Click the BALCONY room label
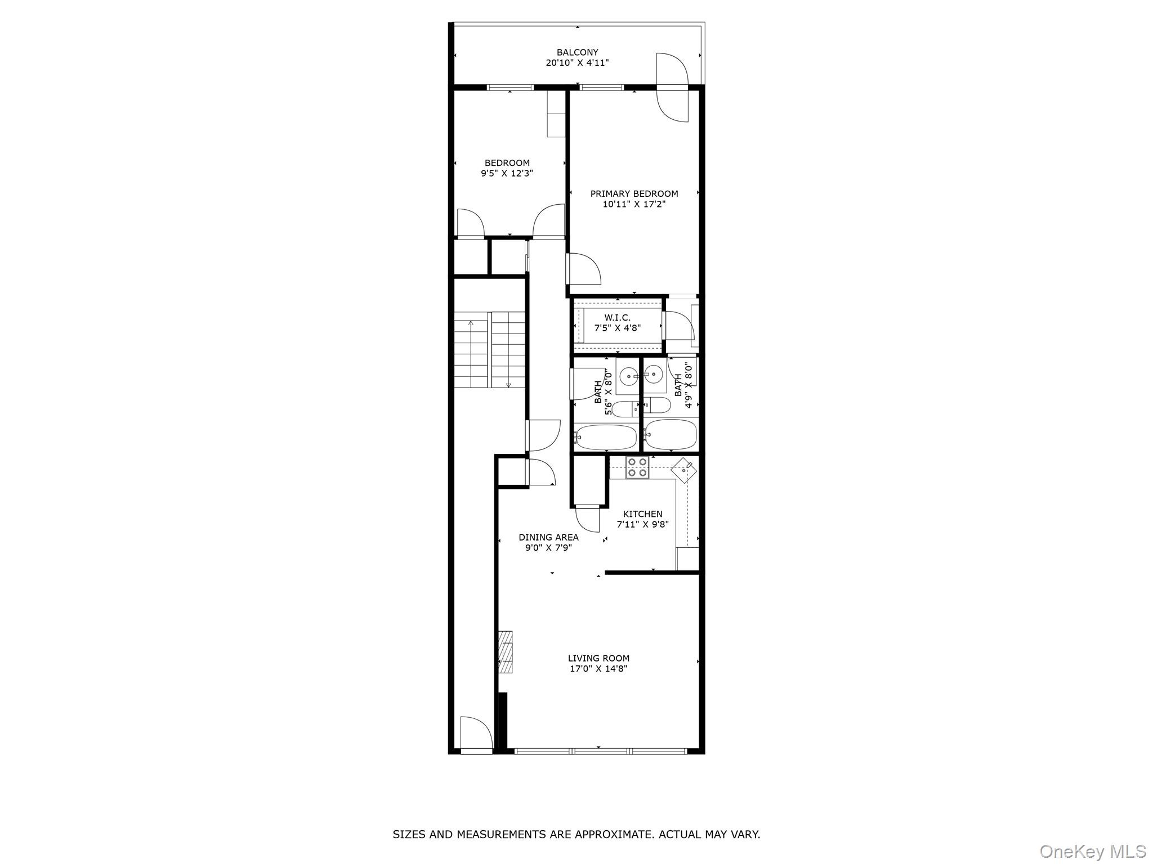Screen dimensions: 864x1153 [577, 52]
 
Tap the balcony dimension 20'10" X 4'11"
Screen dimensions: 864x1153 [577, 63]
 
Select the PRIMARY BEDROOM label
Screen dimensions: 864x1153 [634, 193]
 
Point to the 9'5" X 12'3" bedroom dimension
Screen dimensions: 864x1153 [507, 174]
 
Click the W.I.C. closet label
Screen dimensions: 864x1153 [618, 318]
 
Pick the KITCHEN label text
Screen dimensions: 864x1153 [642, 514]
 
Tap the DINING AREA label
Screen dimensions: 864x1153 [548, 537]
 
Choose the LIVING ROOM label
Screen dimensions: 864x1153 [598, 658]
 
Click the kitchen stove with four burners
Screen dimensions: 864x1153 [637, 467]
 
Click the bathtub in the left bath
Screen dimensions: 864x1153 [606, 436]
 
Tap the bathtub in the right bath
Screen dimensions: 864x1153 [671, 434]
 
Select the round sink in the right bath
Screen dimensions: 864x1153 [654, 372]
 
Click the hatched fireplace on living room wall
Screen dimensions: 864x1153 [506, 652]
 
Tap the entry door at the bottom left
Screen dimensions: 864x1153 [476, 734]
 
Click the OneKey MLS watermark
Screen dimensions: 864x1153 [1092, 851]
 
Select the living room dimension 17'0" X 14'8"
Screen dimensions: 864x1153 [598, 669]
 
